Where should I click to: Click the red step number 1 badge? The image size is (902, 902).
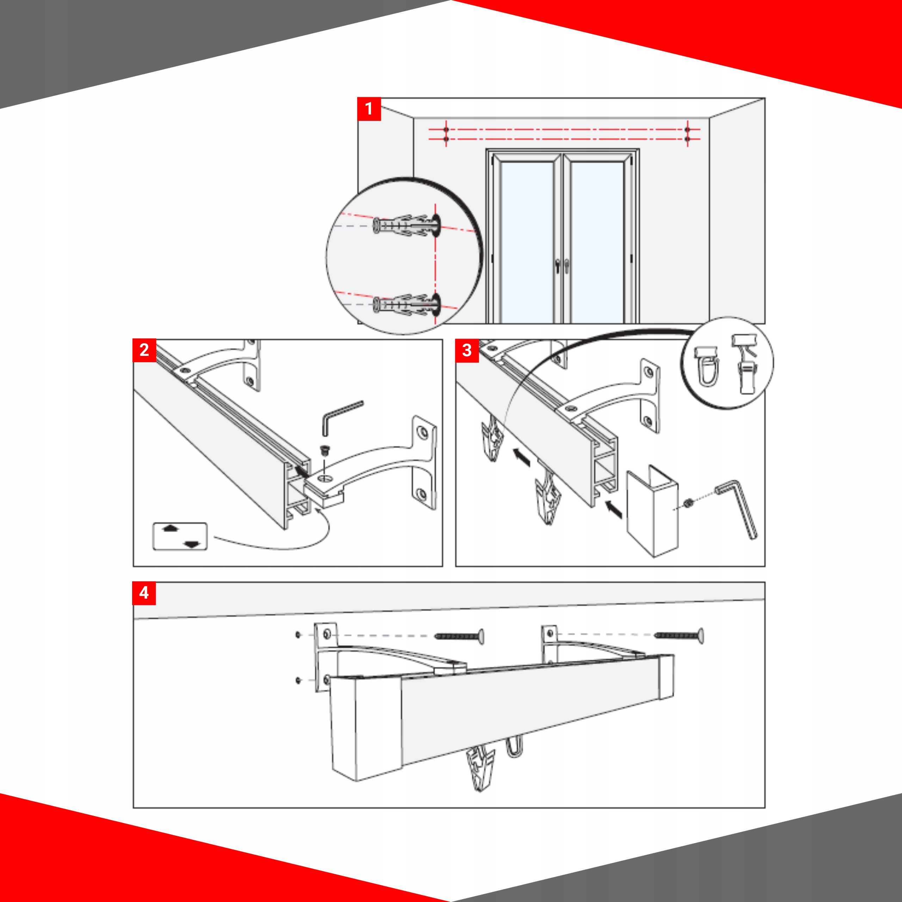[369, 109]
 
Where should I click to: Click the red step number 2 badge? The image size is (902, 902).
[144, 350]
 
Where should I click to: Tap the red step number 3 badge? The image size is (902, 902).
[467, 350]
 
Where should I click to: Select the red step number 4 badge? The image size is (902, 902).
[144, 593]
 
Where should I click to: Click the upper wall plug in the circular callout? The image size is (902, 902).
[406, 225]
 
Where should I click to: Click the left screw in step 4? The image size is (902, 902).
[459, 636]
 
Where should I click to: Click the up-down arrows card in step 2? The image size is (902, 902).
[180, 536]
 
